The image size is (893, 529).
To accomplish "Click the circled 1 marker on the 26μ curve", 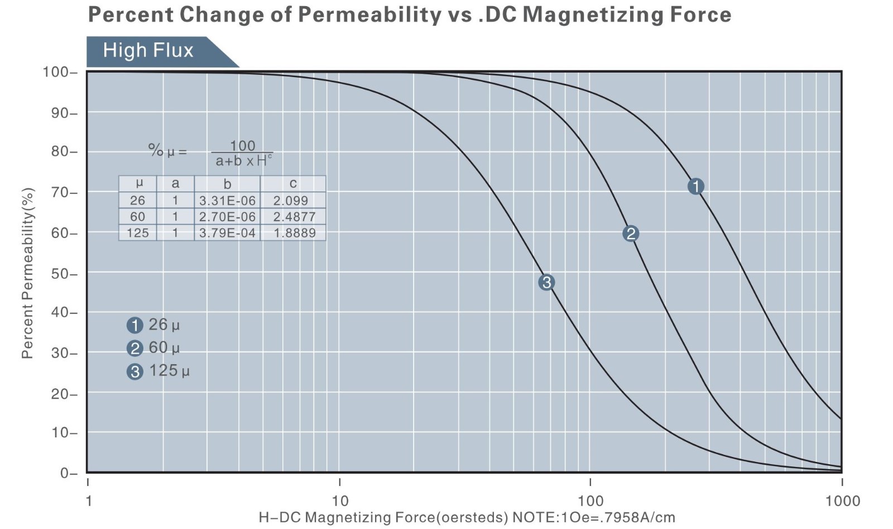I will click(x=695, y=186).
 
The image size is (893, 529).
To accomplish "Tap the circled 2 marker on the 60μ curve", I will click(x=631, y=233).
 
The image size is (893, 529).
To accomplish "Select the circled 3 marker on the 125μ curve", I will click(x=546, y=283).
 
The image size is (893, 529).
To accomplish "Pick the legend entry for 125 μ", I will click(x=159, y=371).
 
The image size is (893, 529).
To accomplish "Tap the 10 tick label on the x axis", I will click(x=339, y=501).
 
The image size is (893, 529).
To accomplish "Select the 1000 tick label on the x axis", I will click(x=842, y=501).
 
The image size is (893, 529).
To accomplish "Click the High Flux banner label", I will click(x=148, y=51).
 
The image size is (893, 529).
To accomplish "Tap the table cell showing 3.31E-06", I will click(x=227, y=201).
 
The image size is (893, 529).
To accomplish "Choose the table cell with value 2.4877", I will click(x=294, y=217).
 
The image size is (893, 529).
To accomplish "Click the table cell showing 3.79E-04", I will click(x=227, y=233).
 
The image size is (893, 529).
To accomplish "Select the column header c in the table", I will click(x=293, y=184).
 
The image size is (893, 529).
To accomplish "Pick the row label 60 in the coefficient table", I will click(x=137, y=217).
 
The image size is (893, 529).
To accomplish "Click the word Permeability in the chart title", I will click(x=368, y=14).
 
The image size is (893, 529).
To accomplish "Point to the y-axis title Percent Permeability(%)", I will click(x=27, y=273).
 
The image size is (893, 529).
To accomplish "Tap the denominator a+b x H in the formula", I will click(x=243, y=161).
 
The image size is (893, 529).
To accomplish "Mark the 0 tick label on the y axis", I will click(x=65, y=473).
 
